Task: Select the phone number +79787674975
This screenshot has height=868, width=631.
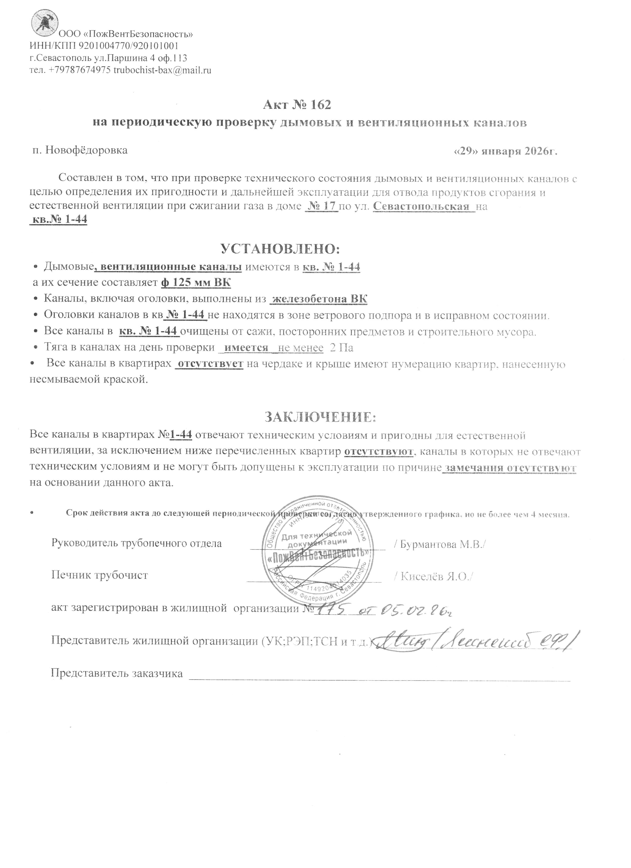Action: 80,70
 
